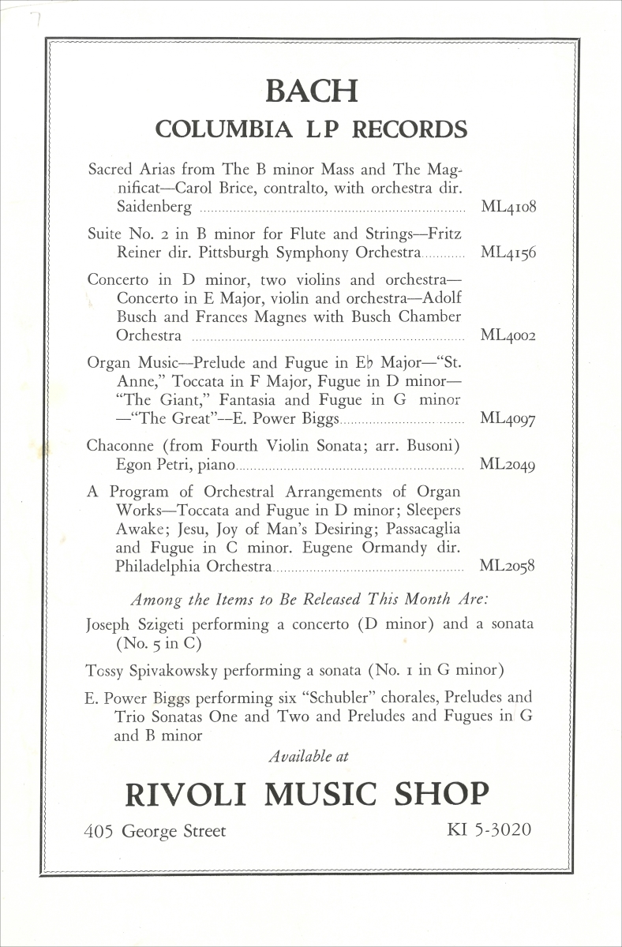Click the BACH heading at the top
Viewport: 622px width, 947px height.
point(311,91)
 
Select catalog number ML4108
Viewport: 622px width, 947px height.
point(508,208)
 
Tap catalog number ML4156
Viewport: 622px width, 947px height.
point(508,253)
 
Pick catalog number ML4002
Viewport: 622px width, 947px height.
point(508,335)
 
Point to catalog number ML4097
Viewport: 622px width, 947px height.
point(508,418)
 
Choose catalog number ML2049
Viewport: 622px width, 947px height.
point(508,465)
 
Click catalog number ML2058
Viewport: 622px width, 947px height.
point(508,567)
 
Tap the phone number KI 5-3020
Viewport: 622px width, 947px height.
point(489,830)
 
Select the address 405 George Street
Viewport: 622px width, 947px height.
point(155,831)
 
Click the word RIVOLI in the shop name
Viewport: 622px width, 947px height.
point(188,793)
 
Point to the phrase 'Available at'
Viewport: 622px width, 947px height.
point(309,756)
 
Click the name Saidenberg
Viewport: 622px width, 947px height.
point(153,208)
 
